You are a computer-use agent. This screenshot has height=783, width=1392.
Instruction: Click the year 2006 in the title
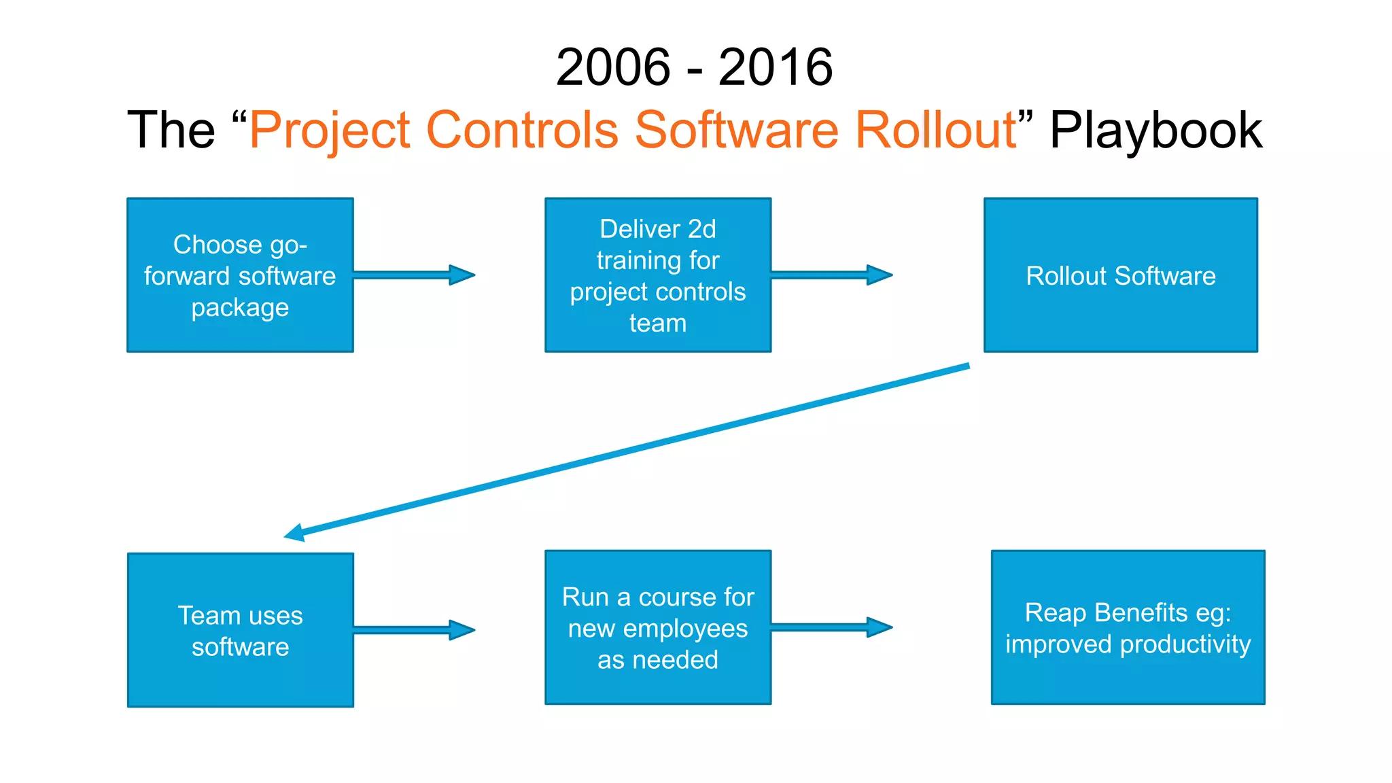click(613, 67)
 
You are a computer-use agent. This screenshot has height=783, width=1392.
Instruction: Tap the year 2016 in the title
click(775, 67)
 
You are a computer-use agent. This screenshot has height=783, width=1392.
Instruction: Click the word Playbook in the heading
click(1155, 130)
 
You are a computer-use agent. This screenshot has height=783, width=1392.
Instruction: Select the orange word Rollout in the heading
click(935, 130)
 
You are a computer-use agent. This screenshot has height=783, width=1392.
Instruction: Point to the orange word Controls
click(522, 130)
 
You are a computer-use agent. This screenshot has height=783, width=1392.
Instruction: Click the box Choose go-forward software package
click(240, 275)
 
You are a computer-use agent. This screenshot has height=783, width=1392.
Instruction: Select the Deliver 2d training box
click(657, 275)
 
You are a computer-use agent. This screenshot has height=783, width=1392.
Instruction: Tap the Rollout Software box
click(1120, 275)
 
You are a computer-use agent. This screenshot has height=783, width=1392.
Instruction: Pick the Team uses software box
click(240, 630)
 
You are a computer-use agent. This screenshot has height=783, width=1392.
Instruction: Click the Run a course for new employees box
click(657, 627)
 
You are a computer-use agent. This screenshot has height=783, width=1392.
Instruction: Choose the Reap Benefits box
click(1128, 627)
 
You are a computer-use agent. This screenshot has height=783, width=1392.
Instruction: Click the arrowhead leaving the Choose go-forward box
click(462, 275)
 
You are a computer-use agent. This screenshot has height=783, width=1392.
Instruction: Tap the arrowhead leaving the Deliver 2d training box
click(880, 275)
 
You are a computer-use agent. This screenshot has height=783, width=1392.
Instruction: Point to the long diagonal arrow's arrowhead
click(295, 533)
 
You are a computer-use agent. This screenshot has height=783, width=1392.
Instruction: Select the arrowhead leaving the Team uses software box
click(462, 630)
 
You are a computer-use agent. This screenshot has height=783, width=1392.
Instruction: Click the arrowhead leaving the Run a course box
click(880, 627)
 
